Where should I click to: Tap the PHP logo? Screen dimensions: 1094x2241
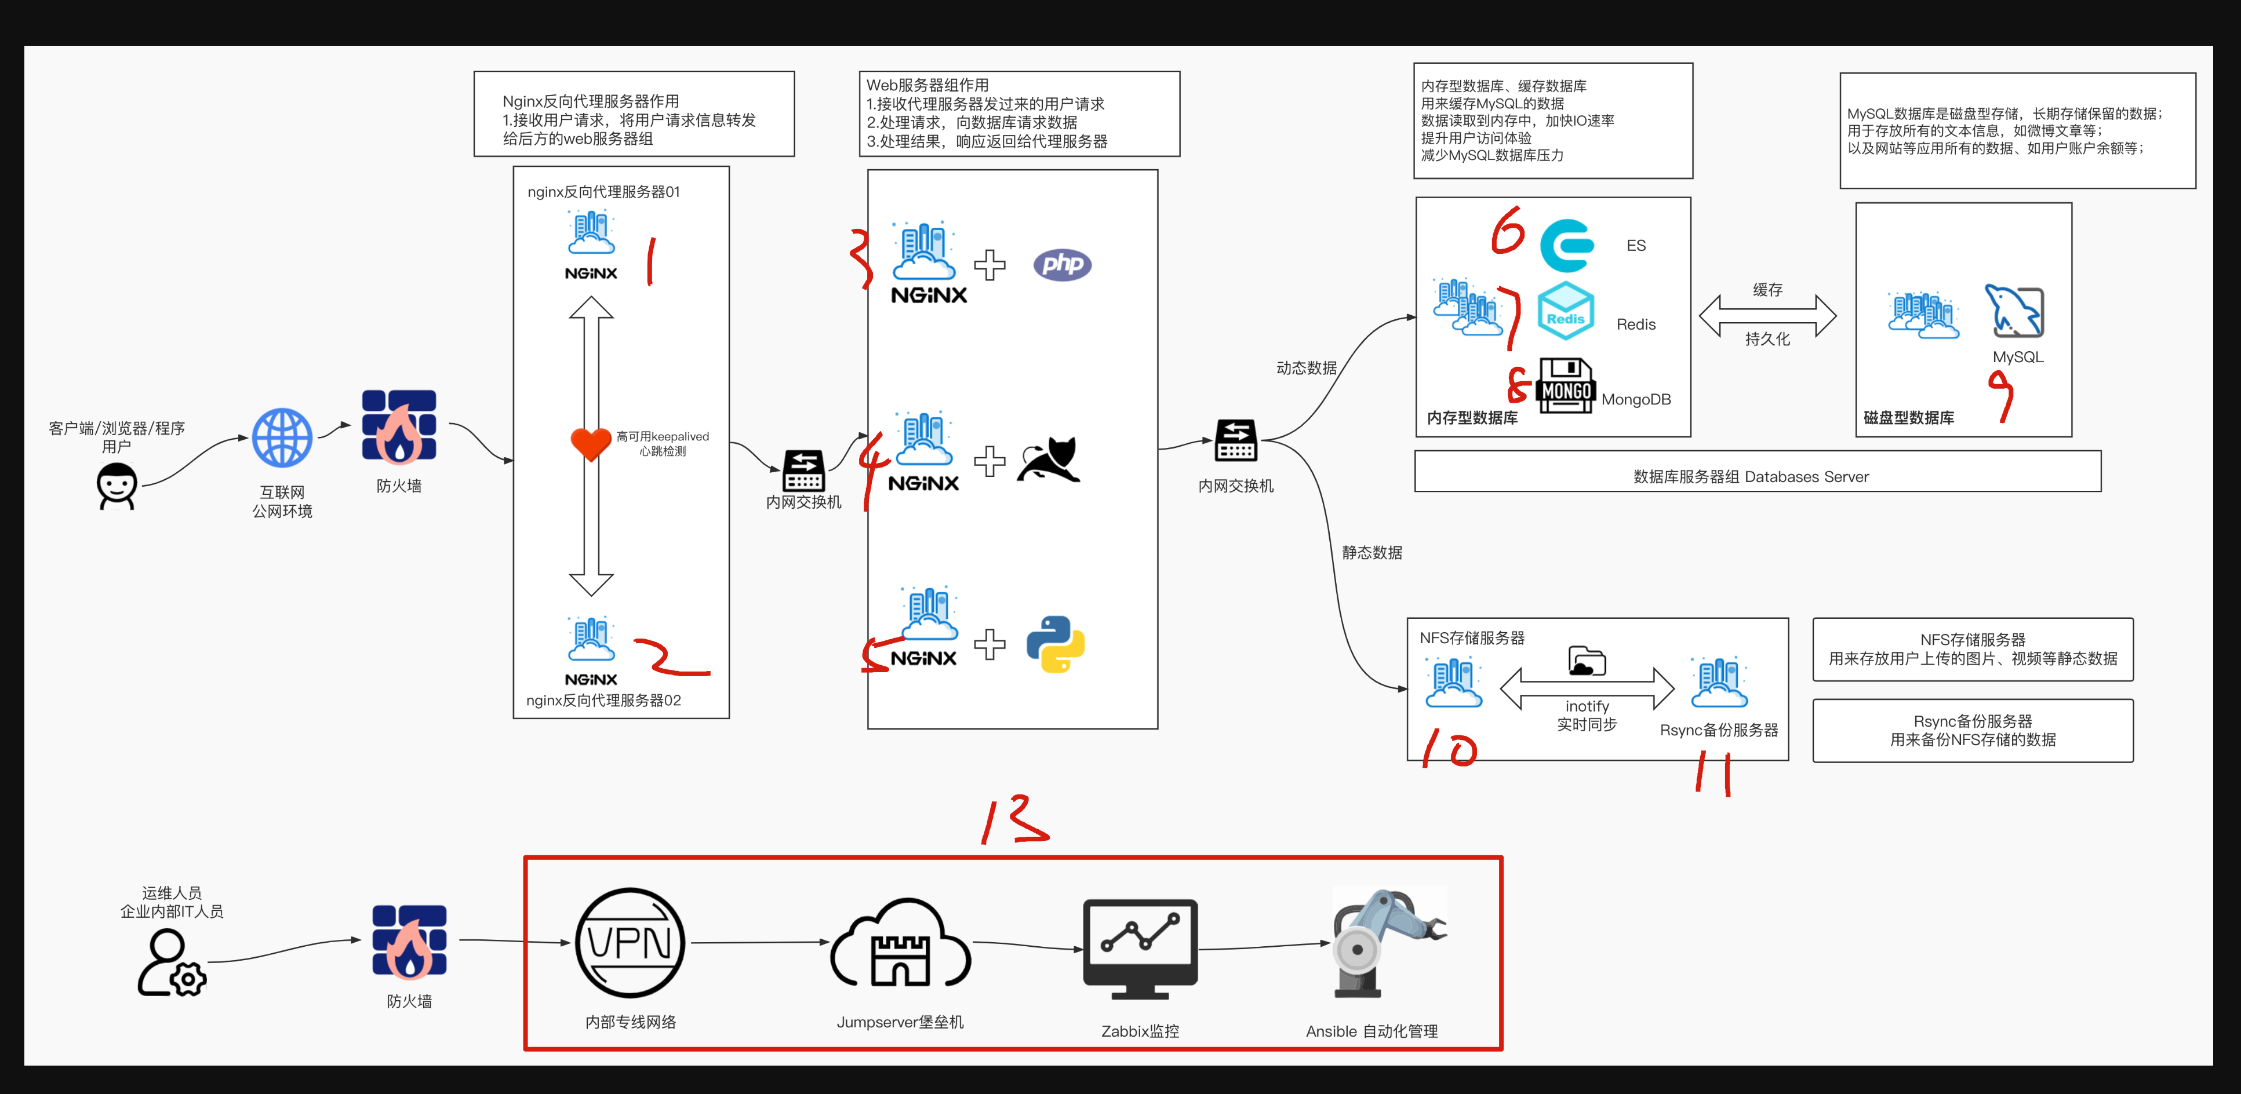click(1062, 264)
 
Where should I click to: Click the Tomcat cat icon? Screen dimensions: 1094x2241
click(1050, 460)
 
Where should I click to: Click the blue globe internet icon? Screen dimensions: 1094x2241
click(282, 437)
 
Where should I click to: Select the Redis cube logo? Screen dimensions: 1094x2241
click(1565, 311)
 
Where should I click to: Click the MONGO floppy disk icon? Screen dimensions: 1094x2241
click(1566, 385)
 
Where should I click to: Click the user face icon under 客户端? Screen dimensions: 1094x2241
click(117, 485)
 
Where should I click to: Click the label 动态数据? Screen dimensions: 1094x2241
click(1306, 368)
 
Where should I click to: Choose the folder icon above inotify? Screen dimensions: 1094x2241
click(1586, 662)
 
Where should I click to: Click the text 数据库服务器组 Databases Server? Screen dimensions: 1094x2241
click(1751, 476)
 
